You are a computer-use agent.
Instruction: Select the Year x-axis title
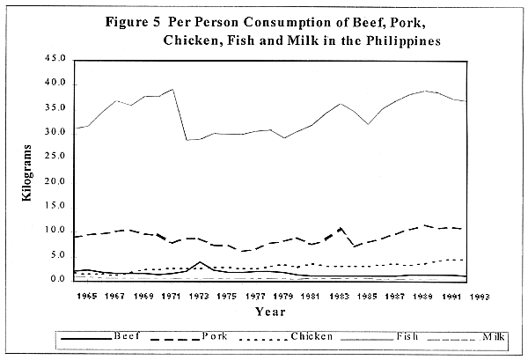[270, 312]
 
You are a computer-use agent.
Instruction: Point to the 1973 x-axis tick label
[200, 298]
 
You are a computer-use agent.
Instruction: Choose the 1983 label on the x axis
[340, 298]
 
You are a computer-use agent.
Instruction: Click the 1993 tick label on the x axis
[479, 298]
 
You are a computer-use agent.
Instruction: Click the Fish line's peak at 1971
[172, 89]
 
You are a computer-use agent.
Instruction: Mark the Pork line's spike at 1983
[341, 228]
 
